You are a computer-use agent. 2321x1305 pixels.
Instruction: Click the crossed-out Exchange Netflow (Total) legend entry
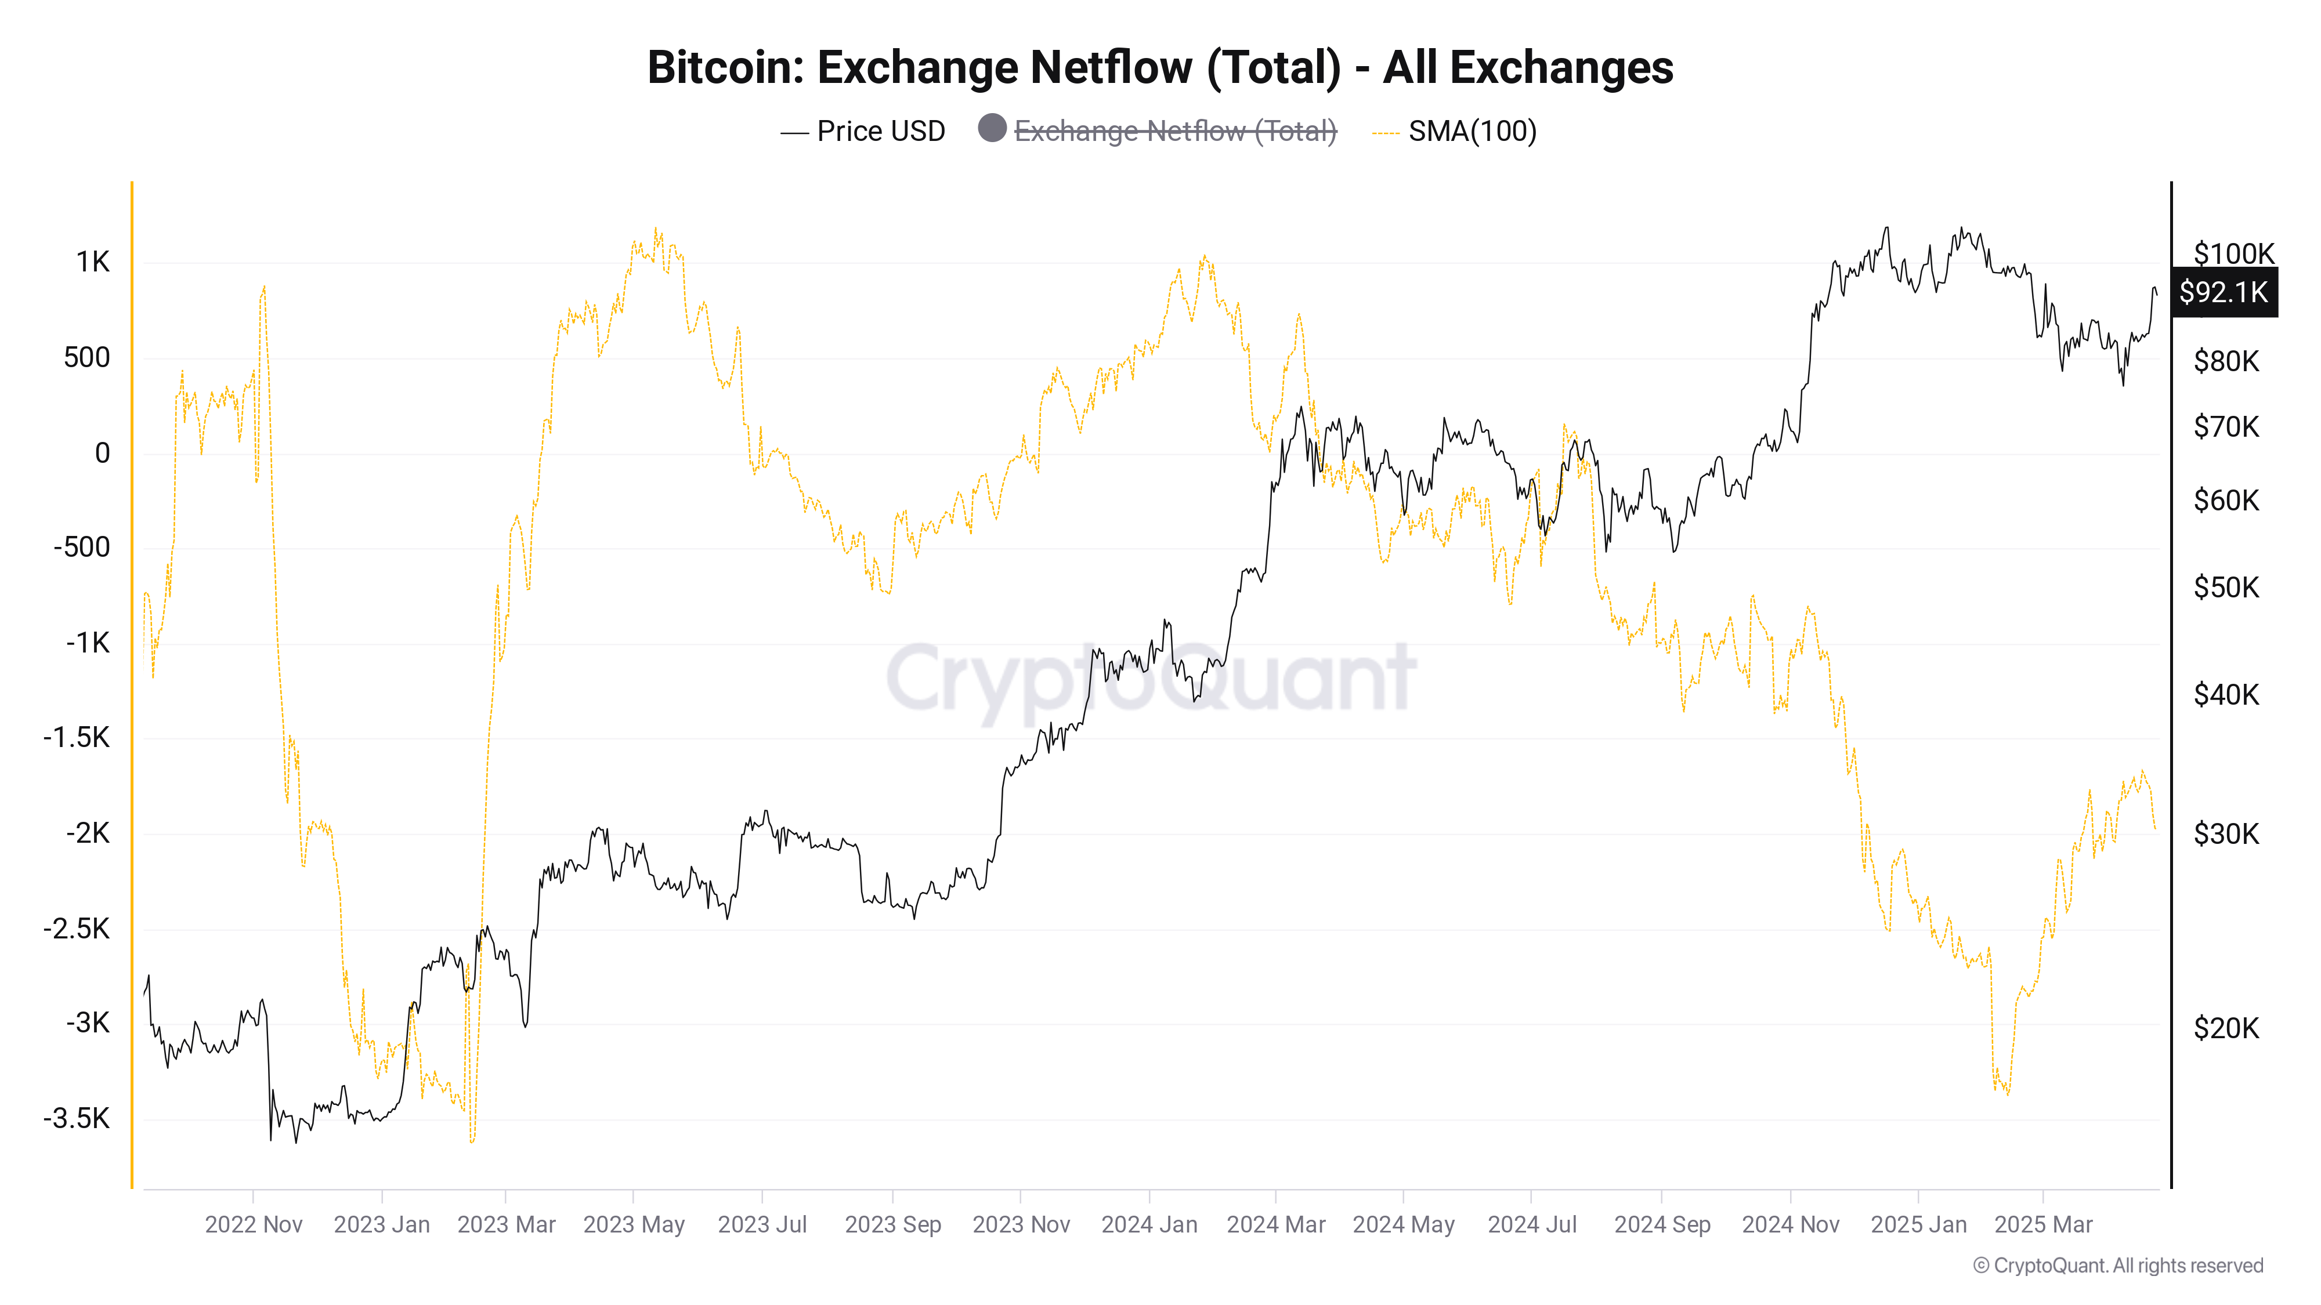pos(1175,132)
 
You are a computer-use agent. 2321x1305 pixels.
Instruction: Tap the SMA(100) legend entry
pos(1472,132)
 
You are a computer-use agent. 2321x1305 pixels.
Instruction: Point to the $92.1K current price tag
pos(2223,292)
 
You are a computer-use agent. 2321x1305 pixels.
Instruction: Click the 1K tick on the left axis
pos(93,262)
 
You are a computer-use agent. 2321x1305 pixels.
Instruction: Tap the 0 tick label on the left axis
pos(103,453)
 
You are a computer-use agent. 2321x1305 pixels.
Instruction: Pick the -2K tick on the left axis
pos(88,833)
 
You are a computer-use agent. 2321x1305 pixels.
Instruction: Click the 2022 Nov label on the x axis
pos(253,1225)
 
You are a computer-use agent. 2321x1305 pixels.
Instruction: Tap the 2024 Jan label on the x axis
pos(1149,1225)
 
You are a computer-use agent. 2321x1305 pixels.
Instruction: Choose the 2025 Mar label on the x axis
pos(2042,1225)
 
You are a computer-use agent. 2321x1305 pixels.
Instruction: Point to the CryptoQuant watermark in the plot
pos(1151,677)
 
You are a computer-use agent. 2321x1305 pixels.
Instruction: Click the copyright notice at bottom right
pos(2117,1266)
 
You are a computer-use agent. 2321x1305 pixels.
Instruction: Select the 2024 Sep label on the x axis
pos(1661,1225)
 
